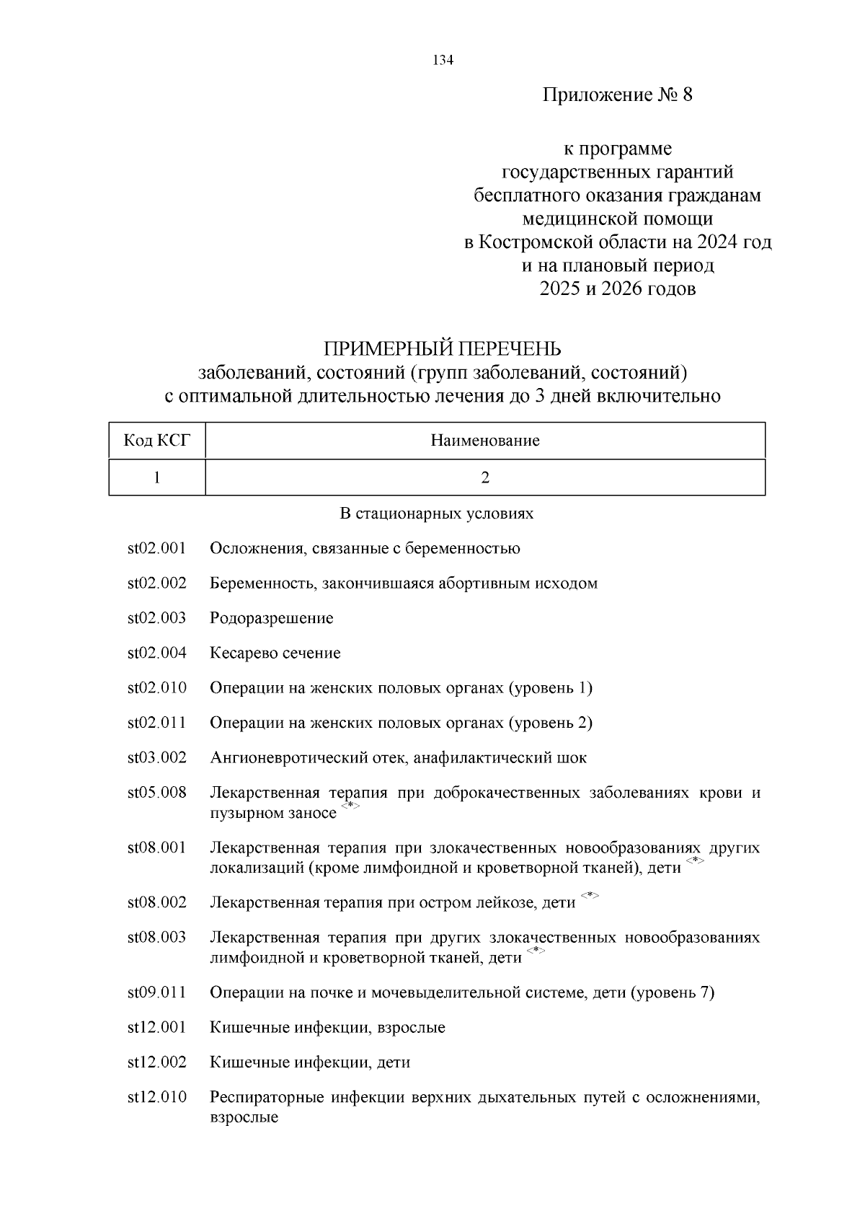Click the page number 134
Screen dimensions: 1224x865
(442, 61)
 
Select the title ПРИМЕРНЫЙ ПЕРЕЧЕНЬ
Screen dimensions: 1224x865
(442, 349)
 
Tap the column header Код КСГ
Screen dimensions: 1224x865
(157, 441)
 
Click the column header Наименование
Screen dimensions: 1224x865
(484, 441)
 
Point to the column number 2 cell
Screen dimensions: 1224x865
(485, 477)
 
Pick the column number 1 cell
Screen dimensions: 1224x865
(157, 477)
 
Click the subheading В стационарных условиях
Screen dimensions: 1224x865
(436, 514)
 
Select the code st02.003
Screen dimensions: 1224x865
(157, 618)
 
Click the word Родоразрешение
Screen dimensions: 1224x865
(272, 619)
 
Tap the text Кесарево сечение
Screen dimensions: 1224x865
(275, 653)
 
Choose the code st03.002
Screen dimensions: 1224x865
(157, 758)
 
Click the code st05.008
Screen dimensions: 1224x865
(157, 793)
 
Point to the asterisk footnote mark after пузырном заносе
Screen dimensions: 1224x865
(350, 806)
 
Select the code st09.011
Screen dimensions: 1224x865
(157, 993)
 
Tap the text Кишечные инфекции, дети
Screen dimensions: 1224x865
(310, 1063)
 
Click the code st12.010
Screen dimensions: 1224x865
(157, 1098)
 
